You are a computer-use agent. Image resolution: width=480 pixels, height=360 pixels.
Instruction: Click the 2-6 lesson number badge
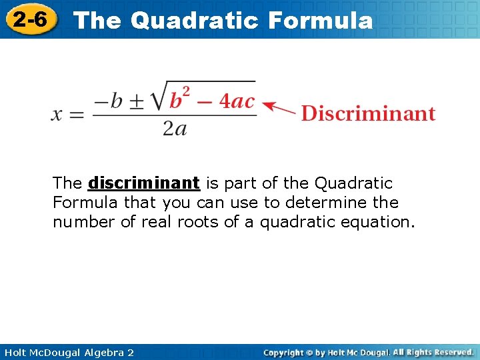[30, 19]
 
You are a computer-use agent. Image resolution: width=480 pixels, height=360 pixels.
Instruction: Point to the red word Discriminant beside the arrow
[368, 113]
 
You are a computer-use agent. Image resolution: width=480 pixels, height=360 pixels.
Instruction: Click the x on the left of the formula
[58, 114]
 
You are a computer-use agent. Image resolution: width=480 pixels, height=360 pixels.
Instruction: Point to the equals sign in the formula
[77, 115]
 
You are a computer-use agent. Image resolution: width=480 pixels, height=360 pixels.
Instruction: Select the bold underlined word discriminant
[144, 183]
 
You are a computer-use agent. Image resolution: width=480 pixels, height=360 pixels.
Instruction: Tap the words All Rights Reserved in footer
[433, 352]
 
